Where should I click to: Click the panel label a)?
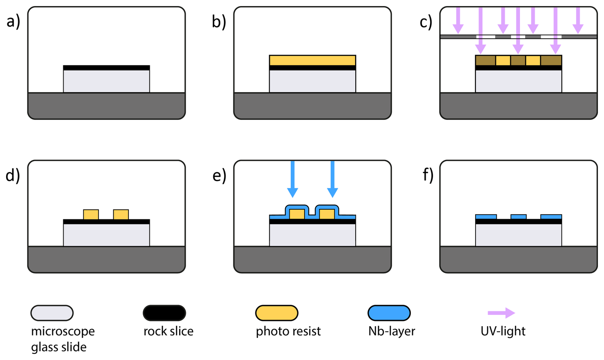13,22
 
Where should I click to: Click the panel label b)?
219,22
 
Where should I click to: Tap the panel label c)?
426,22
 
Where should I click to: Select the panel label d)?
13,175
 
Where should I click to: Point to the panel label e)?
219,175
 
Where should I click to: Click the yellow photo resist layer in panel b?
312,60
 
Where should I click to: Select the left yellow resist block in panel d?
91,214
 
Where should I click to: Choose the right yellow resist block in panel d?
121,214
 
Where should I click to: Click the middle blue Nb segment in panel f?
518,217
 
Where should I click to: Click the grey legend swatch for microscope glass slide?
52,313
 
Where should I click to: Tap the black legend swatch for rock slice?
164,313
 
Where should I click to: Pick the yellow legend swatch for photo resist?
277,313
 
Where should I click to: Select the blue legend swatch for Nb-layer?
389,313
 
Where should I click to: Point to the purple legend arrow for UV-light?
501,313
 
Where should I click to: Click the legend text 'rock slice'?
168,331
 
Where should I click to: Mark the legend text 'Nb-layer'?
391,331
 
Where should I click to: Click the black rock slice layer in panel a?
106,68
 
